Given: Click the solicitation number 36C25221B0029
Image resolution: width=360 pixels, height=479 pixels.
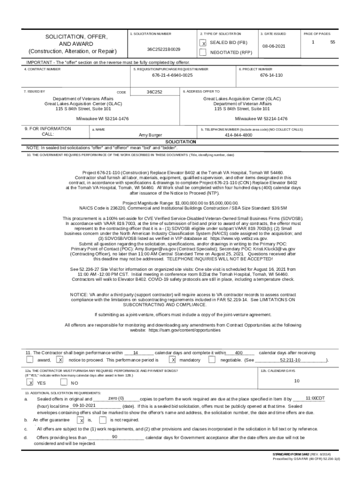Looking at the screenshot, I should (163, 49).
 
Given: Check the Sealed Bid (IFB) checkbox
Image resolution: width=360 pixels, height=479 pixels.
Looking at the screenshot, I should (203, 43).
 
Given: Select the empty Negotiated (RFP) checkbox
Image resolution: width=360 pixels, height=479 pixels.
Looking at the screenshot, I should (203, 52).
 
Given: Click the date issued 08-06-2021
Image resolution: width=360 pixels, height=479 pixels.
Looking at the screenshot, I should (274, 47).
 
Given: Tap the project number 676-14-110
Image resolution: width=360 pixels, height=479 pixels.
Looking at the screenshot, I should (271, 75).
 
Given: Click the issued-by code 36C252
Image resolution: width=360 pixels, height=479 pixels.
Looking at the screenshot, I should (154, 92).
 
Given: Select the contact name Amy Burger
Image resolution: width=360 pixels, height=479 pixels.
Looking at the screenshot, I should (151, 135).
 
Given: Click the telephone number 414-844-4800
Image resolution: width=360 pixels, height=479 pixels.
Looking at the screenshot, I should (238, 135).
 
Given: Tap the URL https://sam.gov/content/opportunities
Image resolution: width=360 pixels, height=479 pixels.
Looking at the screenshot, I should (184, 330).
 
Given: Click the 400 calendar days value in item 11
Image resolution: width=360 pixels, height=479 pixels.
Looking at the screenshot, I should (238, 353).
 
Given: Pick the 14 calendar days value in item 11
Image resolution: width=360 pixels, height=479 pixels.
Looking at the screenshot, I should (136, 353).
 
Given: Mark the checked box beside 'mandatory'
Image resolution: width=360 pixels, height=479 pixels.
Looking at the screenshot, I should (173, 360).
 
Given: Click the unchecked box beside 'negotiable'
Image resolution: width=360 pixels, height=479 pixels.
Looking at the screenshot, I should (212, 360).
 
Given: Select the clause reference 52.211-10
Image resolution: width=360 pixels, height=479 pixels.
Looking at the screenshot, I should (290, 361).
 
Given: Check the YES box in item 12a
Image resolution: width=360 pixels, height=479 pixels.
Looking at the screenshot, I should (30, 383).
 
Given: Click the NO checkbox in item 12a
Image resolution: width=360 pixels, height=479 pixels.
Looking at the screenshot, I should (64, 383).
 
